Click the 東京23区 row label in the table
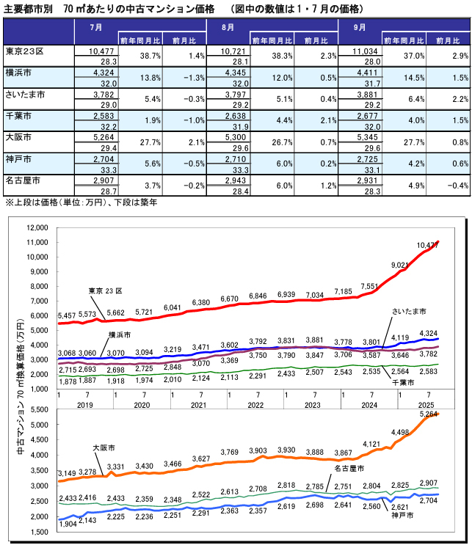pyautogui.click(x=25, y=51)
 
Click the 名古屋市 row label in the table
pyautogui.click(x=23, y=180)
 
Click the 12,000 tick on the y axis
pyautogui.click(x=37, y=227)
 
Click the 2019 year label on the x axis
pyautogui.click(x=84, y=405)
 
